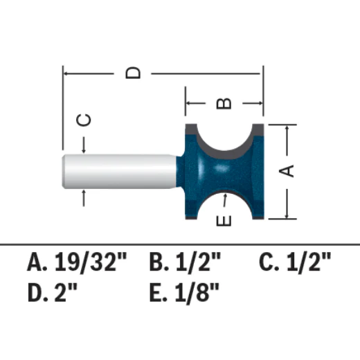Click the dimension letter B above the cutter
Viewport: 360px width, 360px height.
224,103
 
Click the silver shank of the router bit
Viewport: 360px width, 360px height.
118,170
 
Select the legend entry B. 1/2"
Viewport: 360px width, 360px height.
185,262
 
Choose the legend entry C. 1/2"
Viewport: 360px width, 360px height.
295,262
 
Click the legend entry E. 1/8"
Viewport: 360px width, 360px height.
184,289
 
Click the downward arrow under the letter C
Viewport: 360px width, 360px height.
83,147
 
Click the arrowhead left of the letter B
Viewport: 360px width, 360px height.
190,103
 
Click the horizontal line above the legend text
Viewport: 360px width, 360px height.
180,244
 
